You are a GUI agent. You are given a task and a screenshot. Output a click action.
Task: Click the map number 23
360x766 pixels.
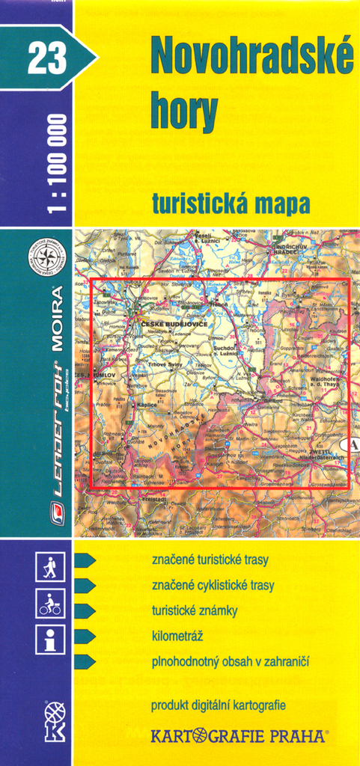47,58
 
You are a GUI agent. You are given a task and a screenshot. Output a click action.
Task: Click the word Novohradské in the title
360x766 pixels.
252,56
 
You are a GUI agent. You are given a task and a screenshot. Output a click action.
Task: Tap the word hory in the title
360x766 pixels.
184,111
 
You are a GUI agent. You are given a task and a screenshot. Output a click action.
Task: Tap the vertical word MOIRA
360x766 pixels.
57,317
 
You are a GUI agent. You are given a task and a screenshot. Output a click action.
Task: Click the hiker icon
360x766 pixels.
50,569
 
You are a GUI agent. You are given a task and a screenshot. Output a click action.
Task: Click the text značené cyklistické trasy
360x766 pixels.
213,585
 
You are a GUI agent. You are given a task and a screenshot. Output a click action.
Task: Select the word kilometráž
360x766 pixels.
177,636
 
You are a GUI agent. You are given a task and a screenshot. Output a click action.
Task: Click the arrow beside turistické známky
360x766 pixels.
85,610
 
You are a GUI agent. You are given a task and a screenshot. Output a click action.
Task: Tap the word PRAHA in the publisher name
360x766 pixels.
296,736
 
